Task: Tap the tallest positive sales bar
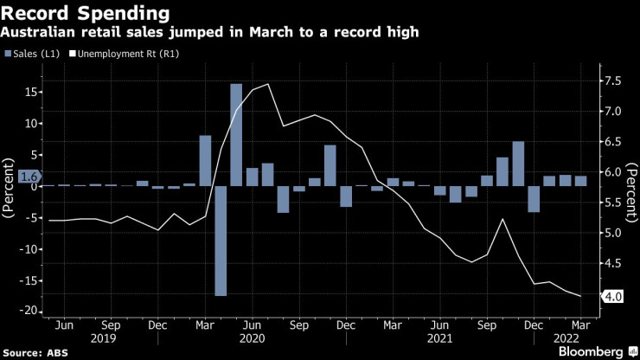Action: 236,134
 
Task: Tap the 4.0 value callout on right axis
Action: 611,297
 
